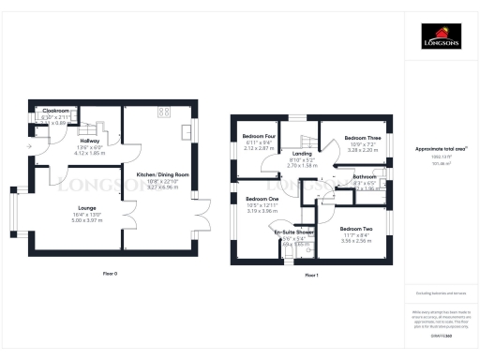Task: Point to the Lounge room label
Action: point(74,208)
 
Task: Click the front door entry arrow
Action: point(33,145)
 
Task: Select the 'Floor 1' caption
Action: point(311,274)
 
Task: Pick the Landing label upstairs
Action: point(302,154)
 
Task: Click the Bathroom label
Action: point(365,176)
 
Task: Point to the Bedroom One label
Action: point(262,199)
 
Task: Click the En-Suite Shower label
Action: point(294,232)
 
